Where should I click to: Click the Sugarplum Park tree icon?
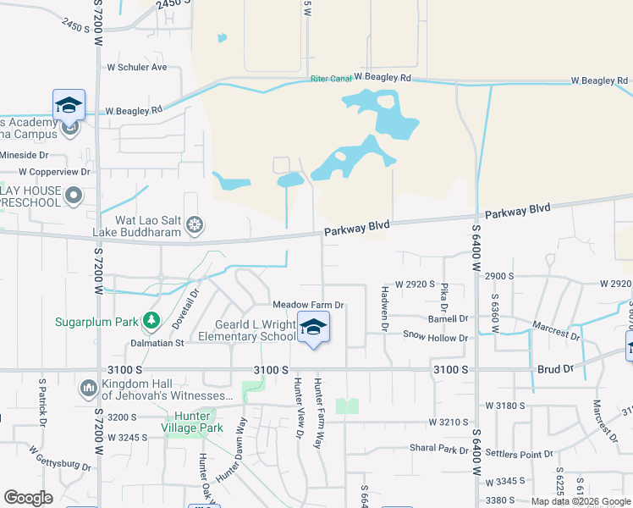point(151,321)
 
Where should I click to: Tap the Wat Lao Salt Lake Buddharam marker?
point(195,225)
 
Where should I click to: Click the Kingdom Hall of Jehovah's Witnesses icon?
point(88,389)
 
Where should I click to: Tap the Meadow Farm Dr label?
point(308,305)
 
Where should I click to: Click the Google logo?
point(28,498)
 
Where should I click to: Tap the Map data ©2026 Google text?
point(580,501)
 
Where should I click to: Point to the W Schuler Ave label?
point(137,67)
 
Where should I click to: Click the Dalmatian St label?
point(157,343)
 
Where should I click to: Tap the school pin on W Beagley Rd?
point(69,106)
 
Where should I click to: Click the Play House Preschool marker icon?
point(74,196)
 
